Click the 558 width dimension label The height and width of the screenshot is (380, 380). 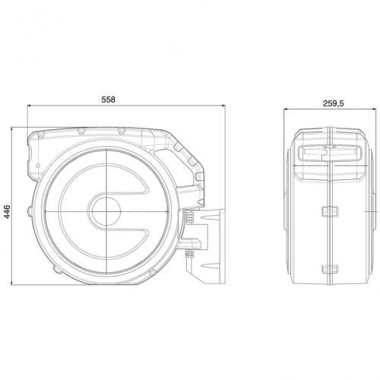point(108,100)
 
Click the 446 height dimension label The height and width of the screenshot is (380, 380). point(7,211)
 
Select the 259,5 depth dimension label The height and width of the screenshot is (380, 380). point(333,103)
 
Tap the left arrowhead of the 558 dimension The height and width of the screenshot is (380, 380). point(30,106)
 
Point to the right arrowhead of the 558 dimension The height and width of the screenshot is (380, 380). point(223,106)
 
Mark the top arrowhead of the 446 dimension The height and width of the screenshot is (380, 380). point(11,130)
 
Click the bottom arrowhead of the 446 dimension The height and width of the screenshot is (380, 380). point(11,282)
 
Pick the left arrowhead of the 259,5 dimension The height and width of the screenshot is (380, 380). point(286,109)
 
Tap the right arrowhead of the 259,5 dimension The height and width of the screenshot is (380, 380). point(373,109)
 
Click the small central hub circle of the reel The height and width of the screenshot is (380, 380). point(106,211)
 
